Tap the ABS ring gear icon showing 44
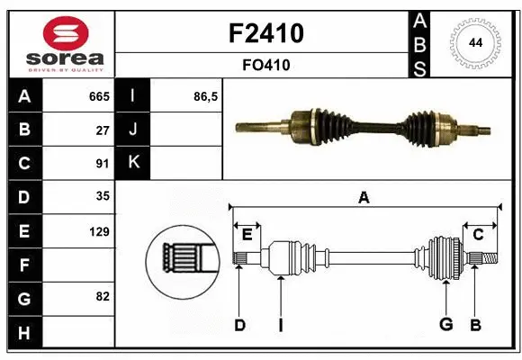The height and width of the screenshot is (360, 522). click(476, 43)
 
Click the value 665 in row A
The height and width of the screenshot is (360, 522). click(99, 96)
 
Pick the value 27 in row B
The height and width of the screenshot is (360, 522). click(103, 130)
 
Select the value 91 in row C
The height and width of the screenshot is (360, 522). click(103, 164)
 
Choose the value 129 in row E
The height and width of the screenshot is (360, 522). click(99, 232)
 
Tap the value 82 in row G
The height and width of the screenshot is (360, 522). click(103, 296)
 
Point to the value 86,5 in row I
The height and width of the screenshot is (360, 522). click(206, 96)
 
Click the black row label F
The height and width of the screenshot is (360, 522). click(23, 265)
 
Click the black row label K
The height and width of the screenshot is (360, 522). click(134, 163)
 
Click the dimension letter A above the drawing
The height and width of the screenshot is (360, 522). click(364, 198)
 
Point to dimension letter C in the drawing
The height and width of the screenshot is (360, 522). click(478, 235)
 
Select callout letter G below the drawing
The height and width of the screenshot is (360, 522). click(445, 325)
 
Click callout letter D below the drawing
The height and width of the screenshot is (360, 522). click(239, 325)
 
